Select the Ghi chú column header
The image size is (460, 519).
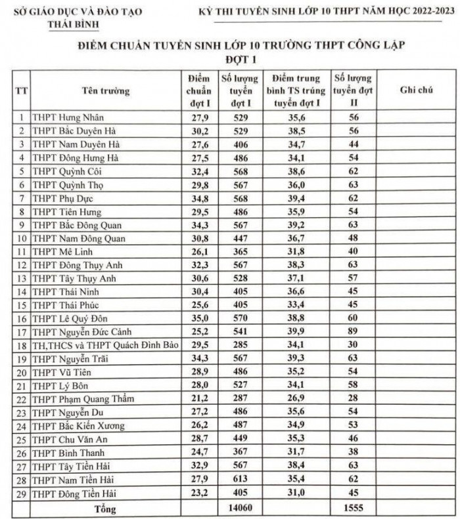click(416, 90)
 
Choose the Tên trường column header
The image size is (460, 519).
click(106, 90)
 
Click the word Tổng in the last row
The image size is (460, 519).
click(105, 508)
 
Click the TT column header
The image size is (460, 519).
click(22, 90)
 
